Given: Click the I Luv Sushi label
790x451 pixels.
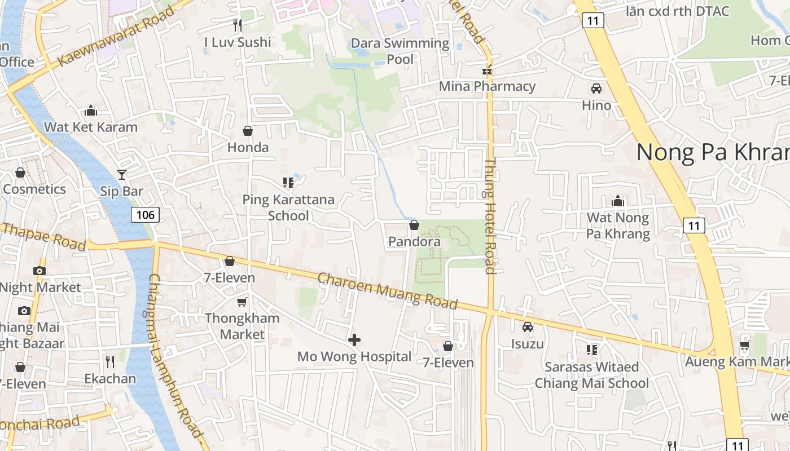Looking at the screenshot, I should point(238,42).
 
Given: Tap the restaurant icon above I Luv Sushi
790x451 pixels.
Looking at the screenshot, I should point(238,25).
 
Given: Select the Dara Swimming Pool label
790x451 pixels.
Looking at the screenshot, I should point(400,51).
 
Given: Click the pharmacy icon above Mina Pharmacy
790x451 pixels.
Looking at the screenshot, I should point(487,71).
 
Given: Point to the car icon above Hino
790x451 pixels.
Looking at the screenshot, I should point(596,89).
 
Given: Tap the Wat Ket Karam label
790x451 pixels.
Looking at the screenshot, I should point(91,127).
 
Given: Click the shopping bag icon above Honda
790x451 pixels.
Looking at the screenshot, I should point(248,131).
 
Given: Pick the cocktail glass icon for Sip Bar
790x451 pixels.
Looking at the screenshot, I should point(122,175).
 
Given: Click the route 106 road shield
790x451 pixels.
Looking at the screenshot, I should point(145,214).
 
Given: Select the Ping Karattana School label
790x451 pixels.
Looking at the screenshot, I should point(288,207).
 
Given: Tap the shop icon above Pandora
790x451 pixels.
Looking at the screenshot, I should point(414,225).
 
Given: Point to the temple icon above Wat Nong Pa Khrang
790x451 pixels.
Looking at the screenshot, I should point(618,201).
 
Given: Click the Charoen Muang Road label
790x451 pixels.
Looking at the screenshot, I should point(387,290).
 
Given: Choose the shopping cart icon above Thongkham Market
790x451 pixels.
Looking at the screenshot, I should point(242,302).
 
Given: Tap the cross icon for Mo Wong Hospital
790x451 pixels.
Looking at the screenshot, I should point(354,340).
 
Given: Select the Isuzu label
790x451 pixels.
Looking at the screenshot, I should point(528,344).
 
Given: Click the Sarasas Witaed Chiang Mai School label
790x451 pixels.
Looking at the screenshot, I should point(592,375).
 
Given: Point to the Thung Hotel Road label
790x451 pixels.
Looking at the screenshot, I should point(490,216).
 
